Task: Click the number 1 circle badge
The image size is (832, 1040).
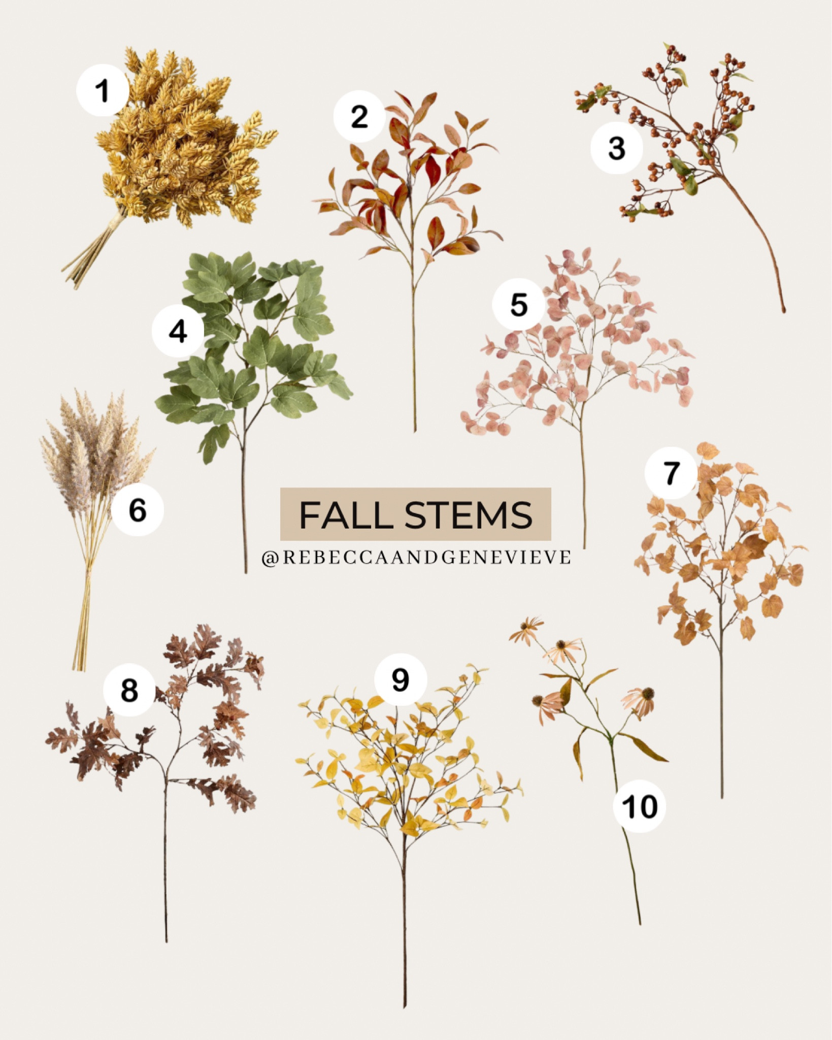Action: [102, 90]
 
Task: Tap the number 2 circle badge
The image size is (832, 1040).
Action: [359, 117]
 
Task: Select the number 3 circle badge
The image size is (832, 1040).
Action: [616, 148]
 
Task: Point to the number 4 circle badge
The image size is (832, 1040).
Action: [178, 331]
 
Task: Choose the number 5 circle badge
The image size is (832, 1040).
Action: [518, 305]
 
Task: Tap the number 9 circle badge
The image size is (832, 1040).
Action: [401, 679]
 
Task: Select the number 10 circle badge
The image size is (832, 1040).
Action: [639, 806]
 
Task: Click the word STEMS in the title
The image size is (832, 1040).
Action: [468, 514]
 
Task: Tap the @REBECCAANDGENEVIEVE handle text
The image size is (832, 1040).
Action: [416, 557]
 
